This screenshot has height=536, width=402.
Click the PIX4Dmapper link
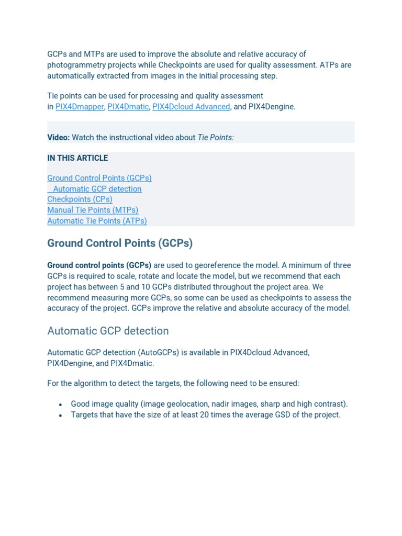point(80,107)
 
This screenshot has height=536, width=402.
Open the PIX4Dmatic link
point(128,107)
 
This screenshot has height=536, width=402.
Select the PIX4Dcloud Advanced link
point(191,107)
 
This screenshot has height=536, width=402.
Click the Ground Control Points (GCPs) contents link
point(99,178)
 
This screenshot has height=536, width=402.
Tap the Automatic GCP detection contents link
point(97,189)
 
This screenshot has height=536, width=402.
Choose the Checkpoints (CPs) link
point(80,199)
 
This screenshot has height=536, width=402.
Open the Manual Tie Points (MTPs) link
point(93,210)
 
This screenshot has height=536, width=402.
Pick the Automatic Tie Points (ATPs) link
point(97,221)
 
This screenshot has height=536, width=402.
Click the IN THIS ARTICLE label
point(77,158)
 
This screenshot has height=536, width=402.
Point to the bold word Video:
point(58,137)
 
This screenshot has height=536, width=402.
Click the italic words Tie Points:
point(216,137)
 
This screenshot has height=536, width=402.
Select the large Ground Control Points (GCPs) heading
point(120,243)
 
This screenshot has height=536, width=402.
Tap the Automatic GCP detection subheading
point(108,331)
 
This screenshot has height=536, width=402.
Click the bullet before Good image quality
point(61,405)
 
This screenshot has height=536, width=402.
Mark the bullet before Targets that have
point(61,416)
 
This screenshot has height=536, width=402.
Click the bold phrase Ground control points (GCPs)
point(99,265)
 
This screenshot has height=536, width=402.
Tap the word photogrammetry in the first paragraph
point(75,65)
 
